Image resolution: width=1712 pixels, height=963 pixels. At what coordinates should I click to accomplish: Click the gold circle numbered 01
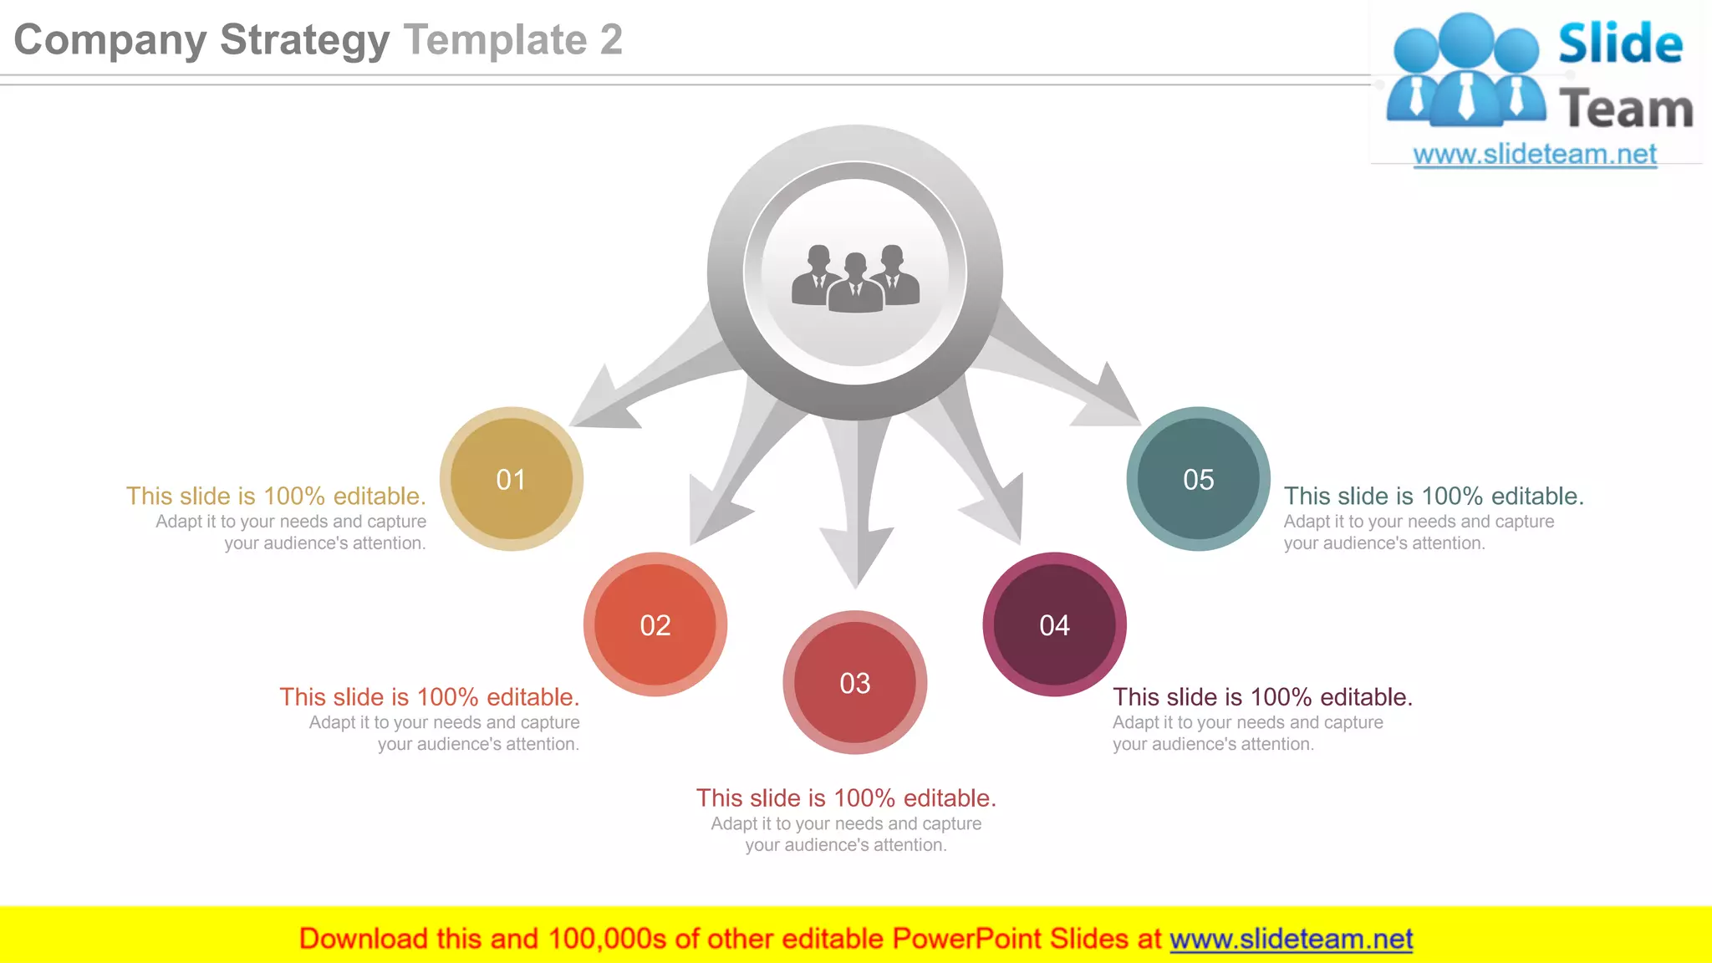point(511,479)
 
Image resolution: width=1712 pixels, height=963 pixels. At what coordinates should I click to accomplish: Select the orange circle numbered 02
point(655,624)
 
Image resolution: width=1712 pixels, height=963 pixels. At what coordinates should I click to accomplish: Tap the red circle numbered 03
point(854,683)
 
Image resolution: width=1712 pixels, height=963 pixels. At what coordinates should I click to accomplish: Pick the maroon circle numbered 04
point(1054,624)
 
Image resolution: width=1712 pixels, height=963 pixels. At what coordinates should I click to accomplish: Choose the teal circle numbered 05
point(1198,479)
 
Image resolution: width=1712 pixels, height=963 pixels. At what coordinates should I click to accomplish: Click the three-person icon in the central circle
point(855,278)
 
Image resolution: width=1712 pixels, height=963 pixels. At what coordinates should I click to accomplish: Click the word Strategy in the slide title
point(304,40)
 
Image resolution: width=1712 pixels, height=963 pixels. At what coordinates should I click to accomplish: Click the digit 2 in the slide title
point(611,40)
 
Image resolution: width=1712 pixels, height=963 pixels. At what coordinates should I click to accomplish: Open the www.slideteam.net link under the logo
point(1535,154)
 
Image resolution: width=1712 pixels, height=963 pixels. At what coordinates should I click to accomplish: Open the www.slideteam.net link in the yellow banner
point(1291,939)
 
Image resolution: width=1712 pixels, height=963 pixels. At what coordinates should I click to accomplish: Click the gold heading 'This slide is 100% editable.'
point(276,496)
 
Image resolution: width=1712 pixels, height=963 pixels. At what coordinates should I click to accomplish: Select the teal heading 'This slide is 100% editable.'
point(1434,496)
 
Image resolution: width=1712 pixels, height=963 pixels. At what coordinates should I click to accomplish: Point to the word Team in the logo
point(1626,110)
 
